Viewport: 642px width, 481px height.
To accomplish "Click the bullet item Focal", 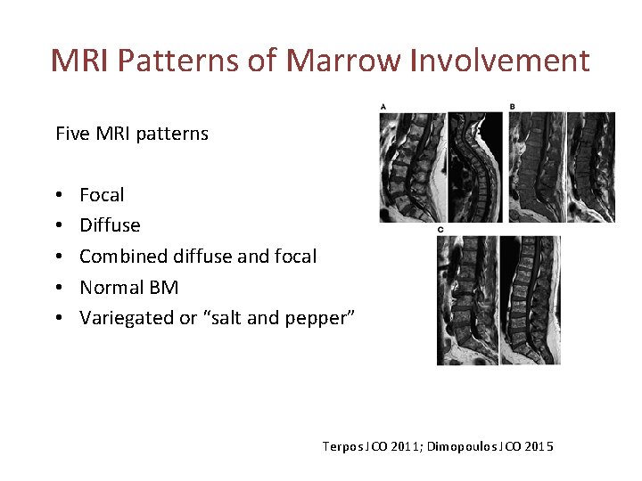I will click(x=102, y=195).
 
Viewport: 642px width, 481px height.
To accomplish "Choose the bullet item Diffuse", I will click(x=110, y=225).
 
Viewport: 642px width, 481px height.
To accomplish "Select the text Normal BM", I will click(x=128, y=287).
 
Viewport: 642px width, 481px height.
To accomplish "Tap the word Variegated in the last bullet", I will click(x=126, y=318).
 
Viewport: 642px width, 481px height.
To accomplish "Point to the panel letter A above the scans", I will click(x=383, y=107).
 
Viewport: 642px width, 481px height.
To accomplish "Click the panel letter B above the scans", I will click(x=513, y=107).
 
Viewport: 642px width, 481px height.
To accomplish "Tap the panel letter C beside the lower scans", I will click(x=440, y=231).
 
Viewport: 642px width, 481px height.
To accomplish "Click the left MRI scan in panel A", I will click(x=412, y=167).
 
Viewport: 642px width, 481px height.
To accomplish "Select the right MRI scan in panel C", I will click(x=531, y=300).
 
